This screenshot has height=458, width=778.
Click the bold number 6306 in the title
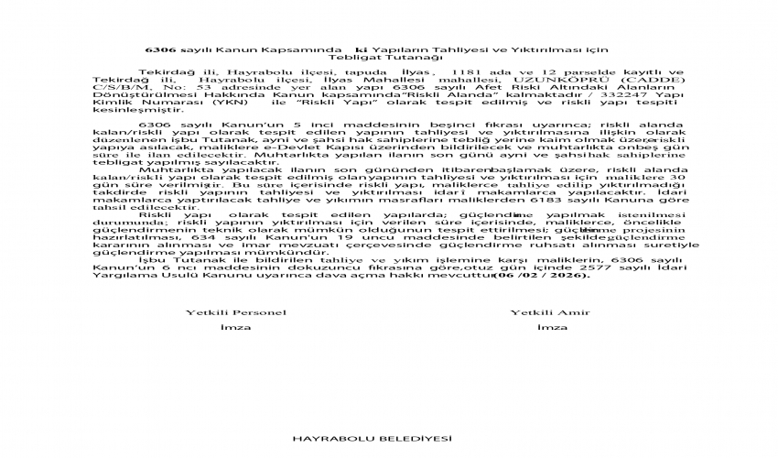point(161,48)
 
